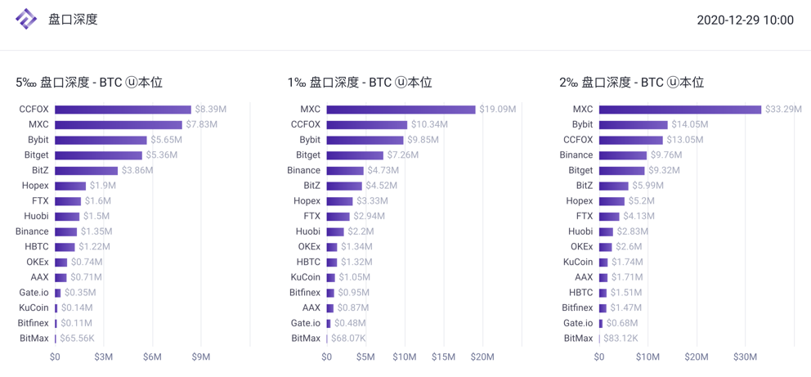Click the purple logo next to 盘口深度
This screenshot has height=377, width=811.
tap(26, 19)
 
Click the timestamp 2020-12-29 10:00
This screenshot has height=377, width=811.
tap(745, 20)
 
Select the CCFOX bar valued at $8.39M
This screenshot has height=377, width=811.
tap(123, 110)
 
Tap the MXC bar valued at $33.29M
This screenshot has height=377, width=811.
tap(679, 110)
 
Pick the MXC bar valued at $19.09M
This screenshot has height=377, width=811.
tap(401, 110)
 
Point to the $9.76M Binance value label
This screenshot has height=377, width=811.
tap(666, 155)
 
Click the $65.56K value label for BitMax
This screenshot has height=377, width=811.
tap(78, 339)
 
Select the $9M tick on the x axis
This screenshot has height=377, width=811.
tap(200, 357)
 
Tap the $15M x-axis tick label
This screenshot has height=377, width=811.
tap(443, 357)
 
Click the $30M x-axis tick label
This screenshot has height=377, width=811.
tap(745, 357)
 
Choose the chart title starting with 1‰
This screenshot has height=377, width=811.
tap(360, 83)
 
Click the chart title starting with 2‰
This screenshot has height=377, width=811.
tap(631, 83)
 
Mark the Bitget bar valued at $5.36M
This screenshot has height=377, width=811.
tap(98, 155)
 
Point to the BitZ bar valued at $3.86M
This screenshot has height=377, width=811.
tap(86, 170)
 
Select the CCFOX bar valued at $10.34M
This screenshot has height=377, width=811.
tap(366, 124)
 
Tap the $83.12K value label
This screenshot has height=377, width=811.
tap(621, 339)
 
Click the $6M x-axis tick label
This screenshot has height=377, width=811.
tap(152, 357)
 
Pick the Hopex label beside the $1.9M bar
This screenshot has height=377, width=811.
tap(35, 186)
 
